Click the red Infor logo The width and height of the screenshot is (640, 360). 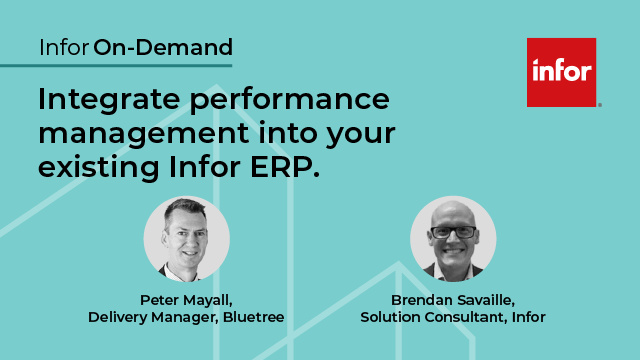pos(561,72)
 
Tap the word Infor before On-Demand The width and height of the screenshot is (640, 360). pos(64,47)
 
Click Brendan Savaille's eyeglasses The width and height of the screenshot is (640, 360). pos(453,231)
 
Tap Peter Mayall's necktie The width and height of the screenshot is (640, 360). pos(190,269)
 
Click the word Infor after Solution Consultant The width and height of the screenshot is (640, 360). pos(528,317)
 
